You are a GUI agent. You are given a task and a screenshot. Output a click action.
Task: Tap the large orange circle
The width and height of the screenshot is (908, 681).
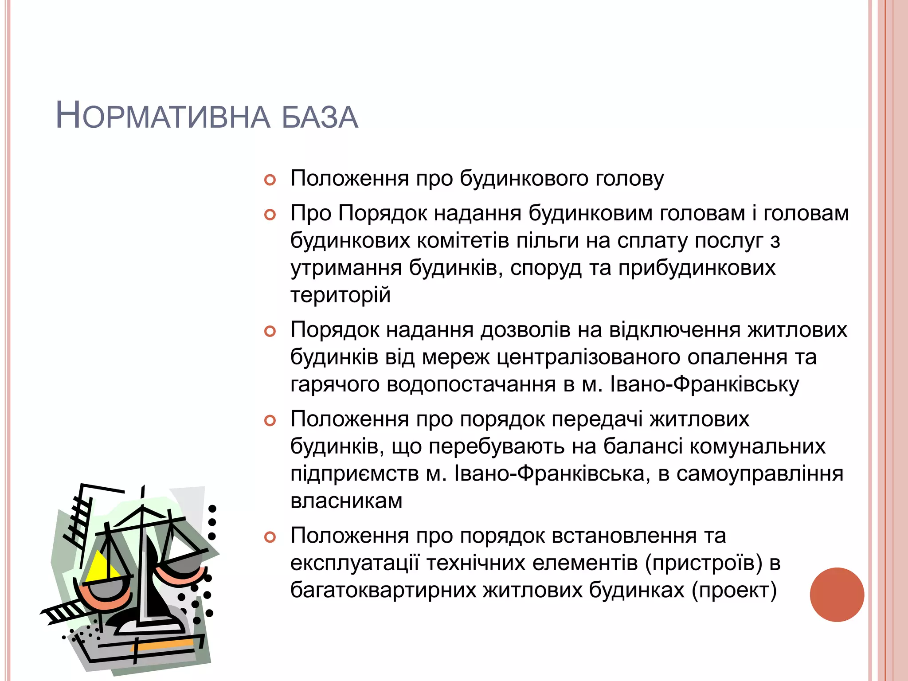point(837,595)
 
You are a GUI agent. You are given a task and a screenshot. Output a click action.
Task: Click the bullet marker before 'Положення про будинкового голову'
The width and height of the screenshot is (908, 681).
point(270,180)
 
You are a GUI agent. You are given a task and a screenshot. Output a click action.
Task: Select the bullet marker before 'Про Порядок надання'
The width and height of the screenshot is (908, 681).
point(270,215)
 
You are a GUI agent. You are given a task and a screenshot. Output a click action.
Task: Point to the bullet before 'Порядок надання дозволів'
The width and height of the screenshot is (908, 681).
point(270,331)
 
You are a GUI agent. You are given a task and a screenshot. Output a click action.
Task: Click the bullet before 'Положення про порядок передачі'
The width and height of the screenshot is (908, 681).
point(270,420)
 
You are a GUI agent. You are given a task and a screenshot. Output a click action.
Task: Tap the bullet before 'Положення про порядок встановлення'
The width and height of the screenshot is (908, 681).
point(270,537)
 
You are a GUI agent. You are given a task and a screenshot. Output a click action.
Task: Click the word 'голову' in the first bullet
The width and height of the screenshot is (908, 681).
point(630,179)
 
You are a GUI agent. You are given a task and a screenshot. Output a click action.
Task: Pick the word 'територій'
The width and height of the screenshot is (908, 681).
point(340,295)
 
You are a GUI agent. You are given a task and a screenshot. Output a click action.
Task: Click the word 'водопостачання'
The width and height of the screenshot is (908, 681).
point(471,384)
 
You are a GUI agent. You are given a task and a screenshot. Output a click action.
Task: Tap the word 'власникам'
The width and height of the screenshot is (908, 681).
point(346,501)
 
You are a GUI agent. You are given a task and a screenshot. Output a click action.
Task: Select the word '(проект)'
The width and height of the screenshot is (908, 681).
point(734,591)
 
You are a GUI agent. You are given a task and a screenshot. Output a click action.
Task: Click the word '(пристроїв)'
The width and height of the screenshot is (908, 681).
point(704,563)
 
